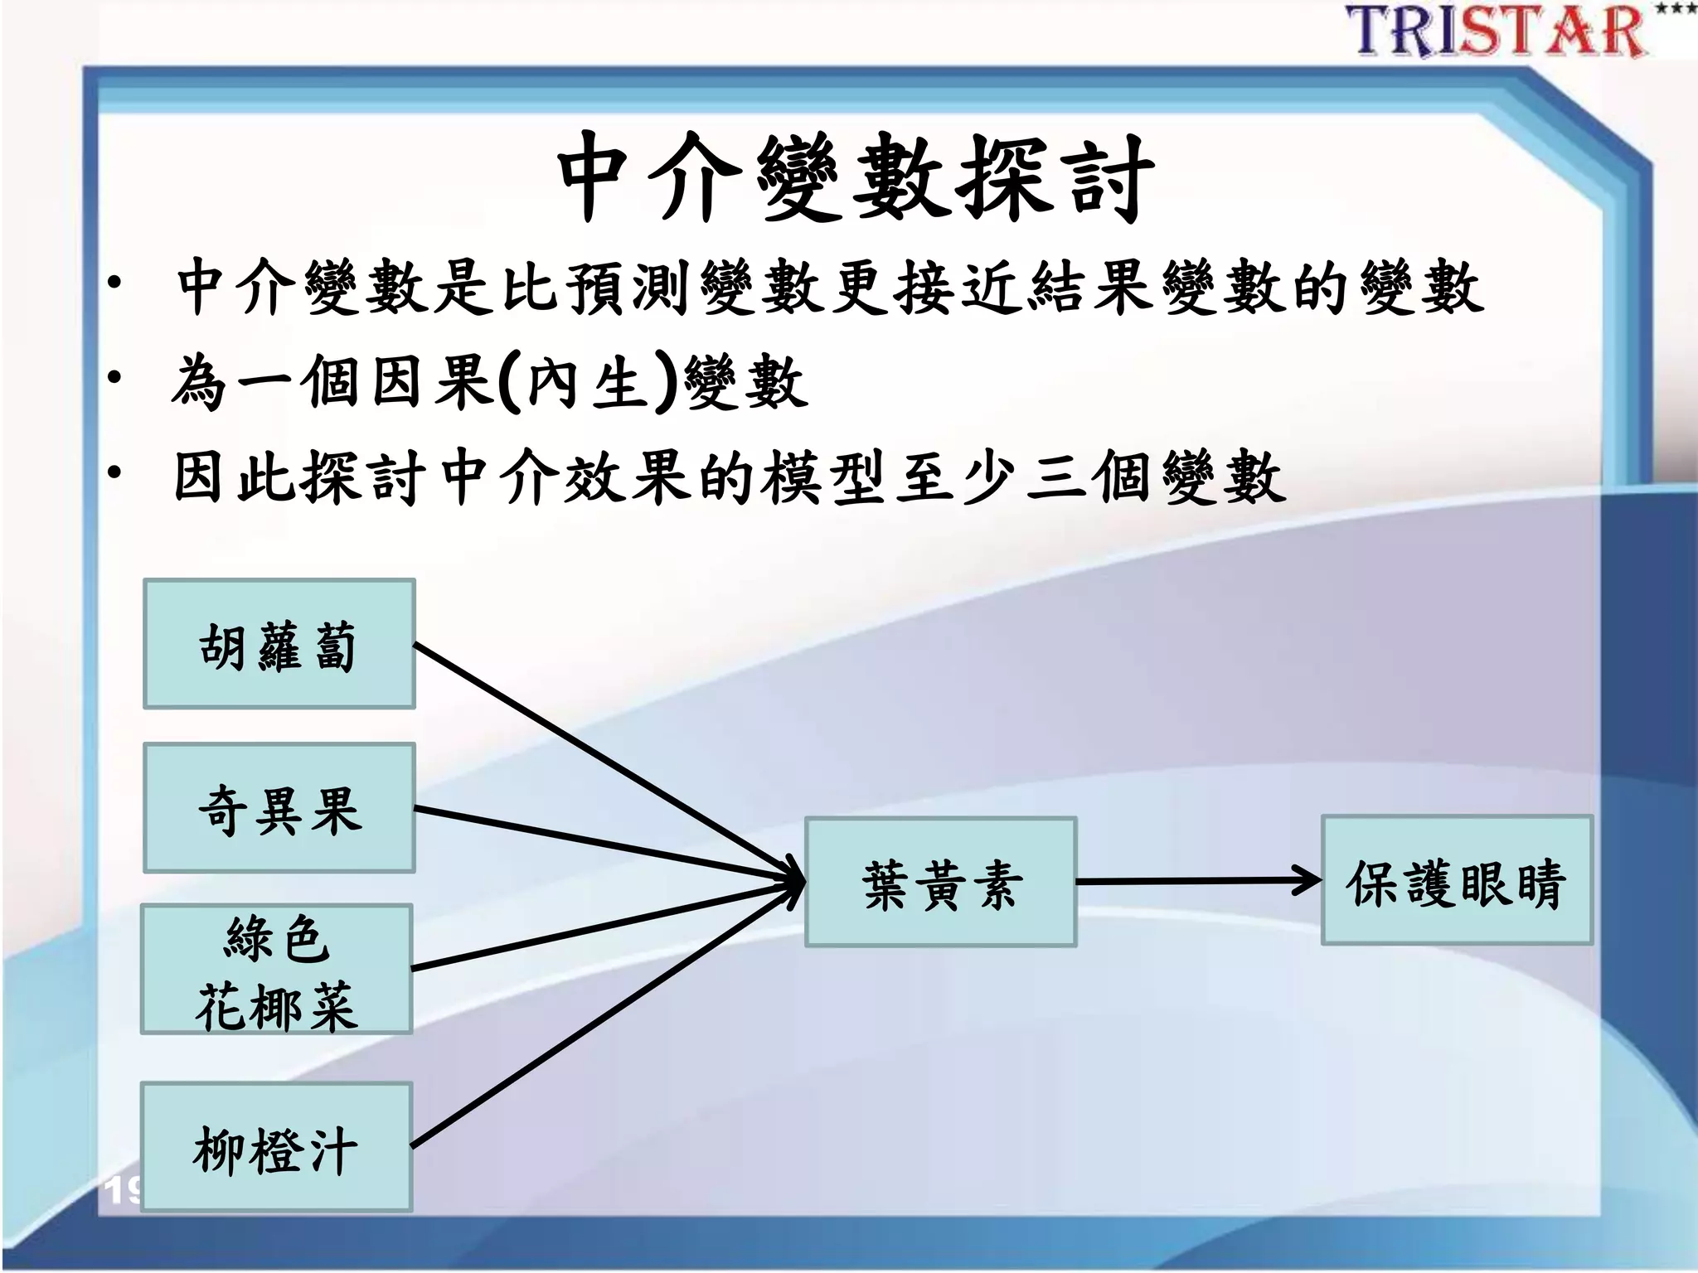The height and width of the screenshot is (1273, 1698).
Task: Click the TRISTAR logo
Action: point(1497,31)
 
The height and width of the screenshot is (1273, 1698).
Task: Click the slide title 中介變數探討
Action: point(856,178)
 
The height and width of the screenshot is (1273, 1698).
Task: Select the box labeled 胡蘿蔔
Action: point(279,644)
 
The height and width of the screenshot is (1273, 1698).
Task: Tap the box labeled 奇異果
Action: point(279,808)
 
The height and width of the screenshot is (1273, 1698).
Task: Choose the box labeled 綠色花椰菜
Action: point(277,970)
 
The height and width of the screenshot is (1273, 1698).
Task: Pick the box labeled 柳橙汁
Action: point(277,1148)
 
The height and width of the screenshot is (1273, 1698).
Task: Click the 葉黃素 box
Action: point(940,883)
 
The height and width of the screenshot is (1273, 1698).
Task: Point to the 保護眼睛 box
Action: point(1457,881)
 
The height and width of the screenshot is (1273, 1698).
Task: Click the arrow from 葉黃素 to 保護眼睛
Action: point(1194,881)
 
